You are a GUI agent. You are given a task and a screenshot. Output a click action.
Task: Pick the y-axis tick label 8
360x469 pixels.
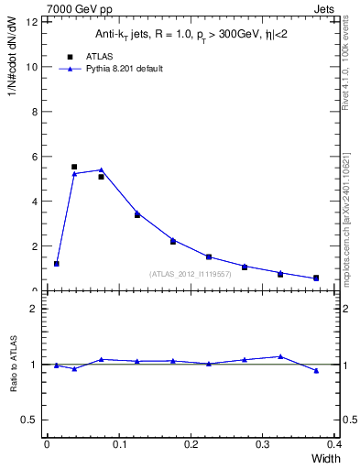[33, 112]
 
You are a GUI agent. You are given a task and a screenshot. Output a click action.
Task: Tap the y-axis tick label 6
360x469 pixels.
[33, 157]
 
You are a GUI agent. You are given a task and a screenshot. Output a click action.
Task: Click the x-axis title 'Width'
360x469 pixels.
[326, 458]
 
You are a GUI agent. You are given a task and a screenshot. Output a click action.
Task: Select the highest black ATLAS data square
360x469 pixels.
[74, 167]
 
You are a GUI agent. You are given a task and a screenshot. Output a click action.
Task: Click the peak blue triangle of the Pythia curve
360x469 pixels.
[101, 169]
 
